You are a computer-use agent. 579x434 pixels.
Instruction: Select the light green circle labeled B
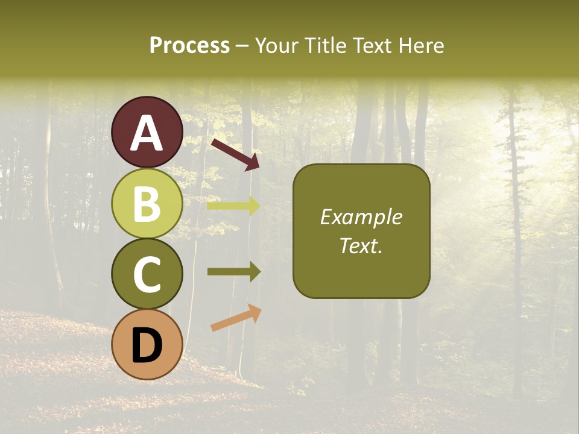tap(147, 203)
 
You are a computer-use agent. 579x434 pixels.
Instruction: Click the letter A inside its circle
tap(147, 133)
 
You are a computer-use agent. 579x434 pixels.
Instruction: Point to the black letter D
tap(147, 345)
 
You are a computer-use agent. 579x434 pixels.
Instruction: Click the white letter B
tap(147, 204)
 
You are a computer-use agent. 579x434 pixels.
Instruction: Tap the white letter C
tap(147, 274)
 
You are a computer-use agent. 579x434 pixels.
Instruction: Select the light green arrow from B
tap(233, 206)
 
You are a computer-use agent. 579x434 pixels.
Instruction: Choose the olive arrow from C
tap(233, 272)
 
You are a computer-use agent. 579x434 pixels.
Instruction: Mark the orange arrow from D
tap(236, 318)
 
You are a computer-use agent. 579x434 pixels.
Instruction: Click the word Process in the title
tap(189, 46)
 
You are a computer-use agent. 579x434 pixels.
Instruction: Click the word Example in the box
tap(361, 217)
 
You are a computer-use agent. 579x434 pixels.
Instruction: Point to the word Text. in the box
tap(361, 246)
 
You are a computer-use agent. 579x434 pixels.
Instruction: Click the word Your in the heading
tap(276, 46)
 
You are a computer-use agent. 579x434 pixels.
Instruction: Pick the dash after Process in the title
tap(242, 46)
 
